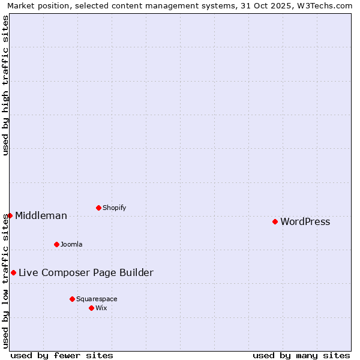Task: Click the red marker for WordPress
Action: click(x=275, y=221)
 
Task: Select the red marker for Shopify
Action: click(x=98, y=208)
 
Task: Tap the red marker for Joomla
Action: click(x=56, y=244)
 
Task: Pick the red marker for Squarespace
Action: click(x=72, y=299)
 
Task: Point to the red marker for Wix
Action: click(x=91, y=308)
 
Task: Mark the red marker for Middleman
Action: click(x=10, y=215)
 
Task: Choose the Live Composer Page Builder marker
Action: click(x=13, y=272)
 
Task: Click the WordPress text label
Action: click(x=305, y=221)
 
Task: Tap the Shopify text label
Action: click(x=114, y=208)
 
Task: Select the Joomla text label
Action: click(x=71, y=244)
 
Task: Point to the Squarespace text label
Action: click(x=97, y=299)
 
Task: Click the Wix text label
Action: click(x=101, y=308)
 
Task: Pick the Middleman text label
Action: click(x=41, y=215)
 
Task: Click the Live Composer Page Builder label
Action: click(x=86, y=272)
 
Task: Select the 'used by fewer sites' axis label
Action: click(x=62, y=355)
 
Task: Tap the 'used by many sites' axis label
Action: click(x=301, y=355)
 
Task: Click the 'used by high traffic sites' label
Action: click(x=5, y=85)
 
